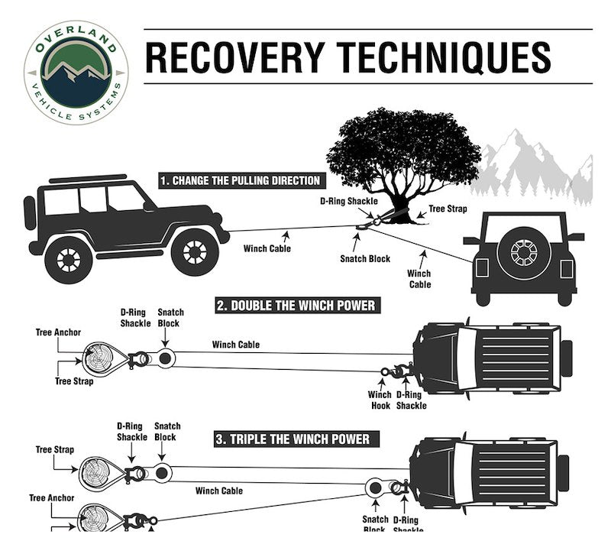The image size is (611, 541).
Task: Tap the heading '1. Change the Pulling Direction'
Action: pos(240,181)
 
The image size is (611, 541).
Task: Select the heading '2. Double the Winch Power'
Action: pos(296,306)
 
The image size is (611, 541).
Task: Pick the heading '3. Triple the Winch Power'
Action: pos(292,439)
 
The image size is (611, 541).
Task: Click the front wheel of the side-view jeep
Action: pos(195,251)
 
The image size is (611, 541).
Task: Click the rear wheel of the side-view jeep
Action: pos(69,259)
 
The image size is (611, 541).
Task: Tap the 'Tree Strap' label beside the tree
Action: pos(447,209)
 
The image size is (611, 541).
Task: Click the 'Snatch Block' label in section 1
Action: pos(365,259)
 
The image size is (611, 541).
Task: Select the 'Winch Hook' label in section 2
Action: pos(380,400)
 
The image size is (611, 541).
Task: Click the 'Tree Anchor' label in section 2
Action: pos(58,332)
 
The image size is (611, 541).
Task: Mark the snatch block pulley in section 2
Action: pos(166,357)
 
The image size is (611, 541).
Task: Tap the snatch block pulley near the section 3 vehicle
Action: pos(374,488)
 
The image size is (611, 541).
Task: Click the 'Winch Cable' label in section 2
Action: pos(236,345)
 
